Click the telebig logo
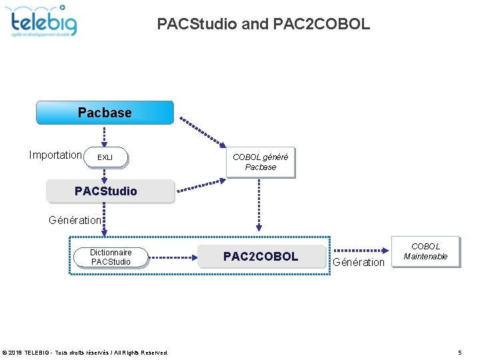(x=44, y=21)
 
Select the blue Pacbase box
(x=105, y=113)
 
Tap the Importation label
(x=55, y=155)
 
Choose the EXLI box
(x=105, y=157)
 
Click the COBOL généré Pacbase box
(x=260, y=162)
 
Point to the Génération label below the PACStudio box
(x=75, y=219)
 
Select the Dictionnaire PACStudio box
(x=111, y=257)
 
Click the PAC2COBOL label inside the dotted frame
(x=261, y=257)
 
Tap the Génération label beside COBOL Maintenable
(x=359, y=262)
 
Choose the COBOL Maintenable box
(x=425, y=251)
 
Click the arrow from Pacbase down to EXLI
(x=104, y=136)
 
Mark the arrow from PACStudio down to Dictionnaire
(x=104, y=224)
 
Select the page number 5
(x=460, y=352)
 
